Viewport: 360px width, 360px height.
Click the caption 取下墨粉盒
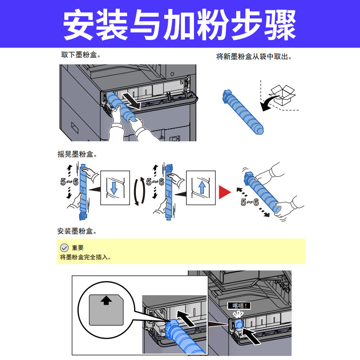click(81, 55)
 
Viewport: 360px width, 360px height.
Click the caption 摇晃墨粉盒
click(77, 154)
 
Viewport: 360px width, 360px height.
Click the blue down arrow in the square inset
click(114, 187)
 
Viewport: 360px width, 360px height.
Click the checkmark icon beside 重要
click(64, 247)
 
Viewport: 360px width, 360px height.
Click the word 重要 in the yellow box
click(78, 247)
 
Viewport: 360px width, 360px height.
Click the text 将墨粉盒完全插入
click(85, 257)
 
